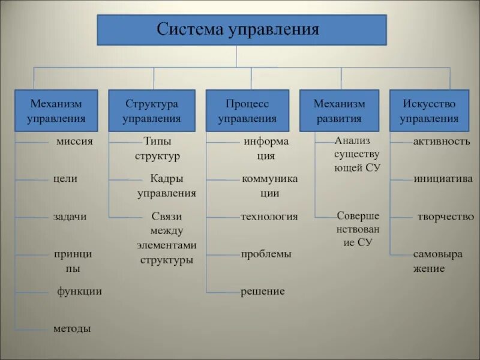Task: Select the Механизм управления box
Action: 56,111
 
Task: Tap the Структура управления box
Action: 152,111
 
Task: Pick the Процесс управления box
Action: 247,111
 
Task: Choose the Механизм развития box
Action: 339,111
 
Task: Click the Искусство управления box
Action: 429,111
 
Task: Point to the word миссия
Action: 75,142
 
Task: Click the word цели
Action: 65,179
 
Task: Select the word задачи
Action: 70,217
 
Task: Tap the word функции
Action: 79,292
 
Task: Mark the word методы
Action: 72,329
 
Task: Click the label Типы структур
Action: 158,149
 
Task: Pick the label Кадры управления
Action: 166,186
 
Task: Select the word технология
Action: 269,217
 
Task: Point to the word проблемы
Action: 266,254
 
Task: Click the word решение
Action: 263,292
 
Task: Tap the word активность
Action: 442,142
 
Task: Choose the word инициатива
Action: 443,179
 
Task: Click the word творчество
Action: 446,217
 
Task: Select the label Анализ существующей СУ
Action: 358,154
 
